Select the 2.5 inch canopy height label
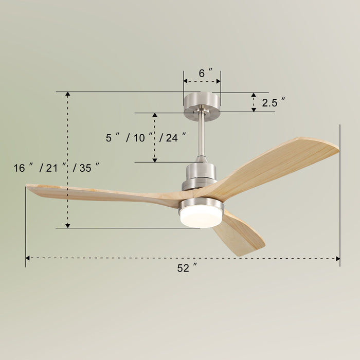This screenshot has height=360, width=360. (273, 102)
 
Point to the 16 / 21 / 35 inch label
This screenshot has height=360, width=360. (56, 168)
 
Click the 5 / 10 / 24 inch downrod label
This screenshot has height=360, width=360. (146, 138)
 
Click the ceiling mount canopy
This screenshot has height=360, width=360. (202, 101)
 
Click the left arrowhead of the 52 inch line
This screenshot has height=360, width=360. (28, 258)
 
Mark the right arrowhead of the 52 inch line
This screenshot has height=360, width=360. (337, 258)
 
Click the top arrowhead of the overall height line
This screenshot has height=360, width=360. (67, 95)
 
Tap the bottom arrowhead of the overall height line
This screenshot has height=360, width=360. (67, 225)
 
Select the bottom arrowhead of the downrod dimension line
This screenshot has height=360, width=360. (154, 159)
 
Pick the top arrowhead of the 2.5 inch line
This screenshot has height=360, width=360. (253, 95)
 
